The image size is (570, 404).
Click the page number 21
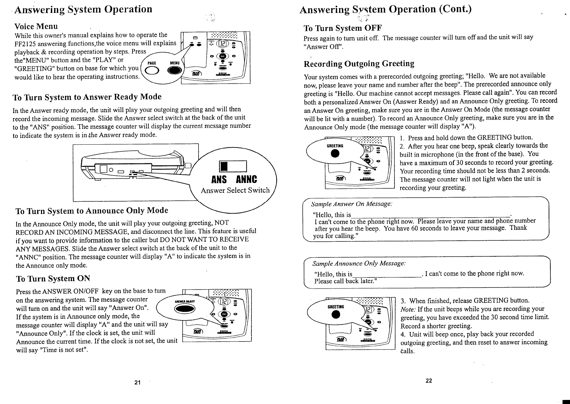point(137,382)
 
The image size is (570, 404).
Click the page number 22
point(429,381)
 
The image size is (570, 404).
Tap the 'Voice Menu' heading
point(36,26)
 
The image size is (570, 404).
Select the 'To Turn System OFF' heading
point(343,27)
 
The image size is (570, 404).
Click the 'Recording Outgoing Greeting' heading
point(359,63)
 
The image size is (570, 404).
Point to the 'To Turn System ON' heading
point(53,279)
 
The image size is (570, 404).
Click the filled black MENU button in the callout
point(174,70)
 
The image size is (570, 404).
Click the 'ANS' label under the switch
point(219,179)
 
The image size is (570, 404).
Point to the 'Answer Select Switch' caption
point(235,190)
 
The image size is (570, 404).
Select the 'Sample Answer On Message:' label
point(351,204)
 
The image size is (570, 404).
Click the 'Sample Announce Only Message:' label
point(359,263)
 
